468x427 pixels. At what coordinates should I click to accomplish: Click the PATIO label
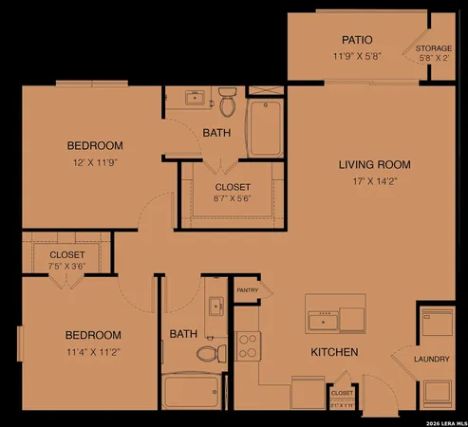(356, 40)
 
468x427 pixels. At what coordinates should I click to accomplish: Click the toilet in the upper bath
(227, 99)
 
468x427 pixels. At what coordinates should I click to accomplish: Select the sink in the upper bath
(196, 97)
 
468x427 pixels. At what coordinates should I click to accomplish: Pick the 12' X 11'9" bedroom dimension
(95, 162)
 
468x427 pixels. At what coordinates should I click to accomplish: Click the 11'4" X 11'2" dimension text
(93, 351)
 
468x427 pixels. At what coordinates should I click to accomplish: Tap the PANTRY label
(247, 290)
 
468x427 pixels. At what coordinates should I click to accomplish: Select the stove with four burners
(248, 344)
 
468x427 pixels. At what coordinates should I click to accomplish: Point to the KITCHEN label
(334, 353)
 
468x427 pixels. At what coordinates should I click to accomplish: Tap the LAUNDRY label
(432, 359)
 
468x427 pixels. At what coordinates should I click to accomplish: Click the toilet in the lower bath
(208, 353)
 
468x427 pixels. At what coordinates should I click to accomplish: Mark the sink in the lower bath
(215, 306)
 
